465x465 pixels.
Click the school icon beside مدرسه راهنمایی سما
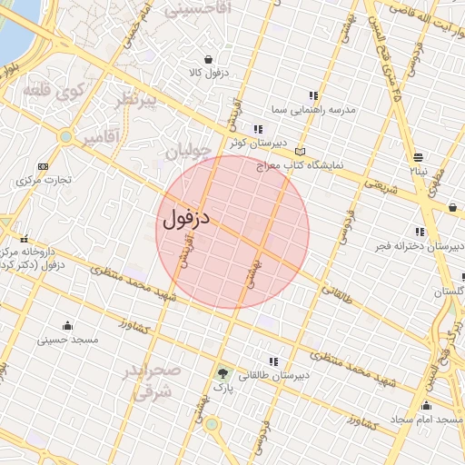313,95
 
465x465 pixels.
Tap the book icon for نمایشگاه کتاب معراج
301,153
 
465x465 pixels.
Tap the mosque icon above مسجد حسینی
67,326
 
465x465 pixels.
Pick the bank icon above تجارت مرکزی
43,166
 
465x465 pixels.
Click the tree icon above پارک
223,372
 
